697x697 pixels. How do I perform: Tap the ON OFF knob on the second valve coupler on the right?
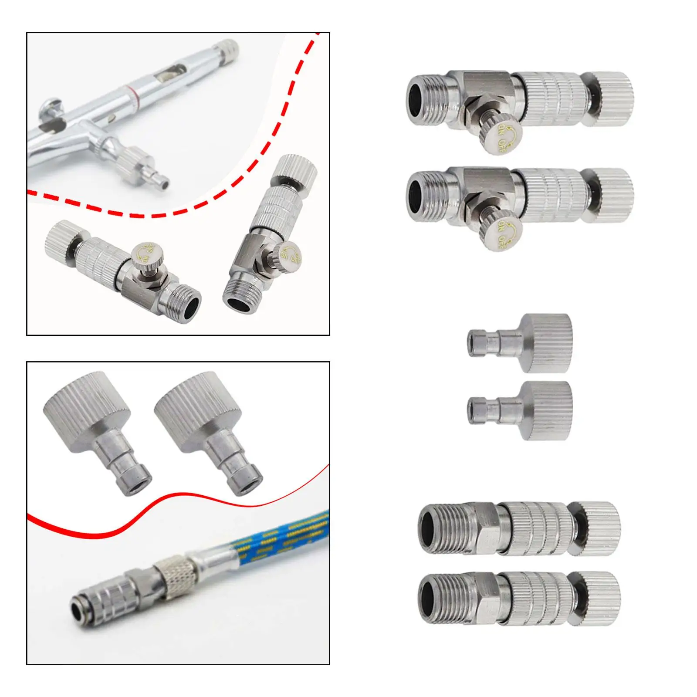click(x=502, y=234)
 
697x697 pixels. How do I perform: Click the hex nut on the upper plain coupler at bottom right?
click(x=484, y=528)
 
